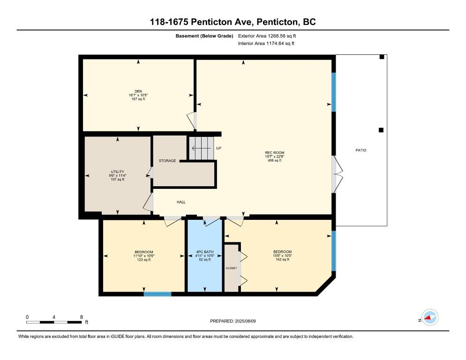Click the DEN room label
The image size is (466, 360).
point(138,91)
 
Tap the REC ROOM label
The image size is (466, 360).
point(275,153)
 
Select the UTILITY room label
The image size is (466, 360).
point(117,172)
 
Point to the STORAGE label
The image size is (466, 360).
point(167,161)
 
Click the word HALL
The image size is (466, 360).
point(181,202)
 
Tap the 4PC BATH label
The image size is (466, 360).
point(205,252)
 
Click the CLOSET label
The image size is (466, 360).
point(232,268)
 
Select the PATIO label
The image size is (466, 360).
point(361,150)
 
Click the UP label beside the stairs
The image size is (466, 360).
point(219,148)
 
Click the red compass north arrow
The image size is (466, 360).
point(428,318)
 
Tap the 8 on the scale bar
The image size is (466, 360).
point(82,317)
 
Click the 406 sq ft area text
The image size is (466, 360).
point(275,160)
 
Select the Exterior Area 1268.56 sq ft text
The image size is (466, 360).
point(267,36)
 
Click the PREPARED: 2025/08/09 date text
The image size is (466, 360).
point(233,321)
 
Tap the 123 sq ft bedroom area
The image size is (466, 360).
point(143,260)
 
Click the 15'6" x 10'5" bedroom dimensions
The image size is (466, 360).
point(282,255)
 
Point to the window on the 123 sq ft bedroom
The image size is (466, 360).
point(158,294)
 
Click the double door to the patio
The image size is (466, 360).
point(337,174)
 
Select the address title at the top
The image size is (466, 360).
point(233,22)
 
